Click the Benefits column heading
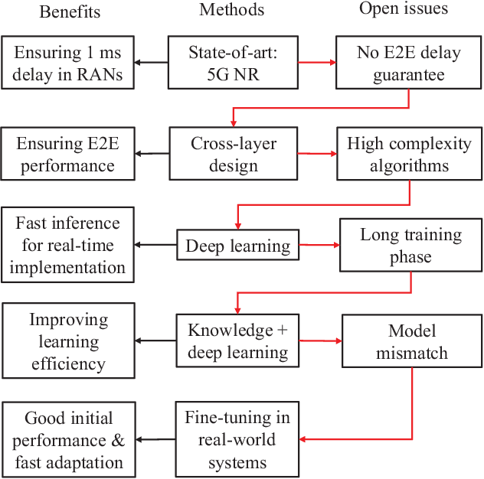point(70,12)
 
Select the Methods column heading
point(231,10)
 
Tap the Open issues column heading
point(404,10)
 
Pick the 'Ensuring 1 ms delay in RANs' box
point(69,63)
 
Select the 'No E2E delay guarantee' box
point(408,63)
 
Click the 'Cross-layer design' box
point(233,154)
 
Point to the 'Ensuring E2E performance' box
point(69,154)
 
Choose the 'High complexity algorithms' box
point(408,154)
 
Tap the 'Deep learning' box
point(238,246)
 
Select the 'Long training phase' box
point(412,246)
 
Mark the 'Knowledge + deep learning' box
point(238,341)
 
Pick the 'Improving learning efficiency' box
point(69,341)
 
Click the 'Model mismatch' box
point(412,341)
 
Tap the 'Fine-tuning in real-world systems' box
point(237,440)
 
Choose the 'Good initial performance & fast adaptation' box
point(69,440)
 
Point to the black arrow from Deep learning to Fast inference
point(157,246)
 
